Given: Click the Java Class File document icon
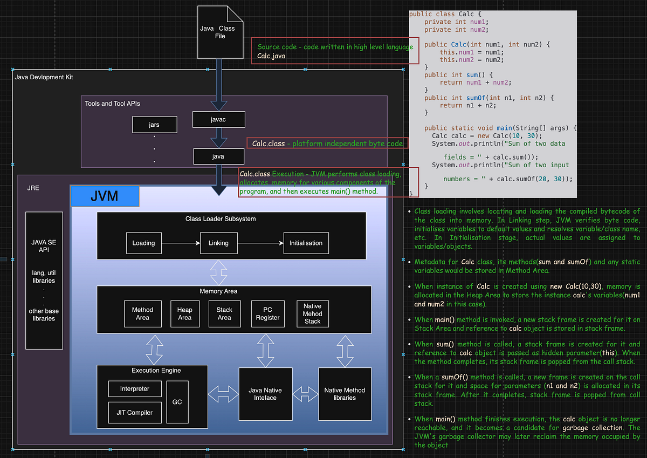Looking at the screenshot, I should pos(217,32).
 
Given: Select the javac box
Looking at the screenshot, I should pos(218,120).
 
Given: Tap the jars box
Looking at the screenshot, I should pos(154,125).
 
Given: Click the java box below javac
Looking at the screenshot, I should pos(218,156).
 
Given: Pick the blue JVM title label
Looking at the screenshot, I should pos(105,196).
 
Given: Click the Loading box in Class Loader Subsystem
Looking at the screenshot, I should pos(143,243).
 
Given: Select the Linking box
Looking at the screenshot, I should pos(218,243).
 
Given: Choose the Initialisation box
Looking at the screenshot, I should pos(306,243).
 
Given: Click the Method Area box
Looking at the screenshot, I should pos(142,313).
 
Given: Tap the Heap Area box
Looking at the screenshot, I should pos(184,313).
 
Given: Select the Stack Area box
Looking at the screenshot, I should pos(224,313).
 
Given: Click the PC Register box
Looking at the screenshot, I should pos(268,313).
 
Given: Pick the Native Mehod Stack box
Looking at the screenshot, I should pos(312,313).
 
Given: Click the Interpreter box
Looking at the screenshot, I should pos(135,388).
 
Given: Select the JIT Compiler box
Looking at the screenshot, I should pos(135,412).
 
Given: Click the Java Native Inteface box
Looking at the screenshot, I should pos(265,394).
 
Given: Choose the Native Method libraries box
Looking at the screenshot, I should pos(345,394).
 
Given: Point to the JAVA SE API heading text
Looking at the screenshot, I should pos(44,246).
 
